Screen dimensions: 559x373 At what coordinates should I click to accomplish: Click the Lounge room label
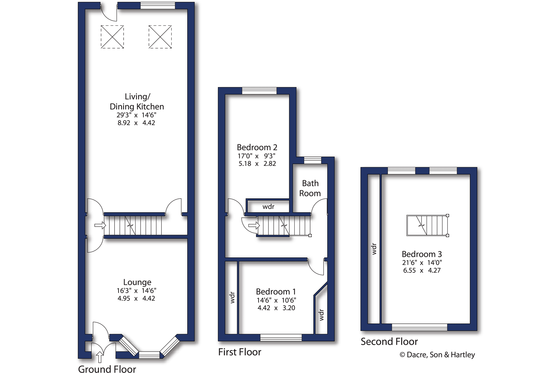tap(137, 282)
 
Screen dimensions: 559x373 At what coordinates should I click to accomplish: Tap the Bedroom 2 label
tap(257, 147)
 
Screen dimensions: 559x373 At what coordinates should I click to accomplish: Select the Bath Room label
tap(310, 188)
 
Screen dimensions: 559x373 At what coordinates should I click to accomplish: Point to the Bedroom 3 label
tap(422, 254)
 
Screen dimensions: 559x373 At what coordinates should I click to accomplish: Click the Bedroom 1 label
tap(276, 292)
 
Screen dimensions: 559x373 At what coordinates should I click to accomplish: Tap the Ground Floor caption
tap(107, 369)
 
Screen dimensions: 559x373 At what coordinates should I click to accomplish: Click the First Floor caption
tap(240, 352)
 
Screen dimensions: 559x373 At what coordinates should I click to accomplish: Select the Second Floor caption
tap(389, 342)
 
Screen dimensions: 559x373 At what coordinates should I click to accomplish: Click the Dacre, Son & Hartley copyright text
tap(437, 355)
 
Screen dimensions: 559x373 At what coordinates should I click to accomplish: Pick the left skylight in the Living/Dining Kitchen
tap(112, 37)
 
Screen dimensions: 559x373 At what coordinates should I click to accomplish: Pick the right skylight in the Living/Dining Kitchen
tap(160, 37)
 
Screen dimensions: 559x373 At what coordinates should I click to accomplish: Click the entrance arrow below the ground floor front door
tap(99, 357)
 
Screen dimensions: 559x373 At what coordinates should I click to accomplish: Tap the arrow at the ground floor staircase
tap(100, 225)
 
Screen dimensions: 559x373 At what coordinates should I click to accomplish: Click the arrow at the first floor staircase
tap(254, 225)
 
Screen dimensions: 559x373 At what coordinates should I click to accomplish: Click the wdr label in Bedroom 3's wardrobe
tap(374, 249)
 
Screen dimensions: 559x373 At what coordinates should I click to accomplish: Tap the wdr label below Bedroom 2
tap(268, 207)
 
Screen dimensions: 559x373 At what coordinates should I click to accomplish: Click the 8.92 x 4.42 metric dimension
tap(136, 123)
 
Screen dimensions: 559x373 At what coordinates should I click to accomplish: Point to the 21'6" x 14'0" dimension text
tap(422, 263)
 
